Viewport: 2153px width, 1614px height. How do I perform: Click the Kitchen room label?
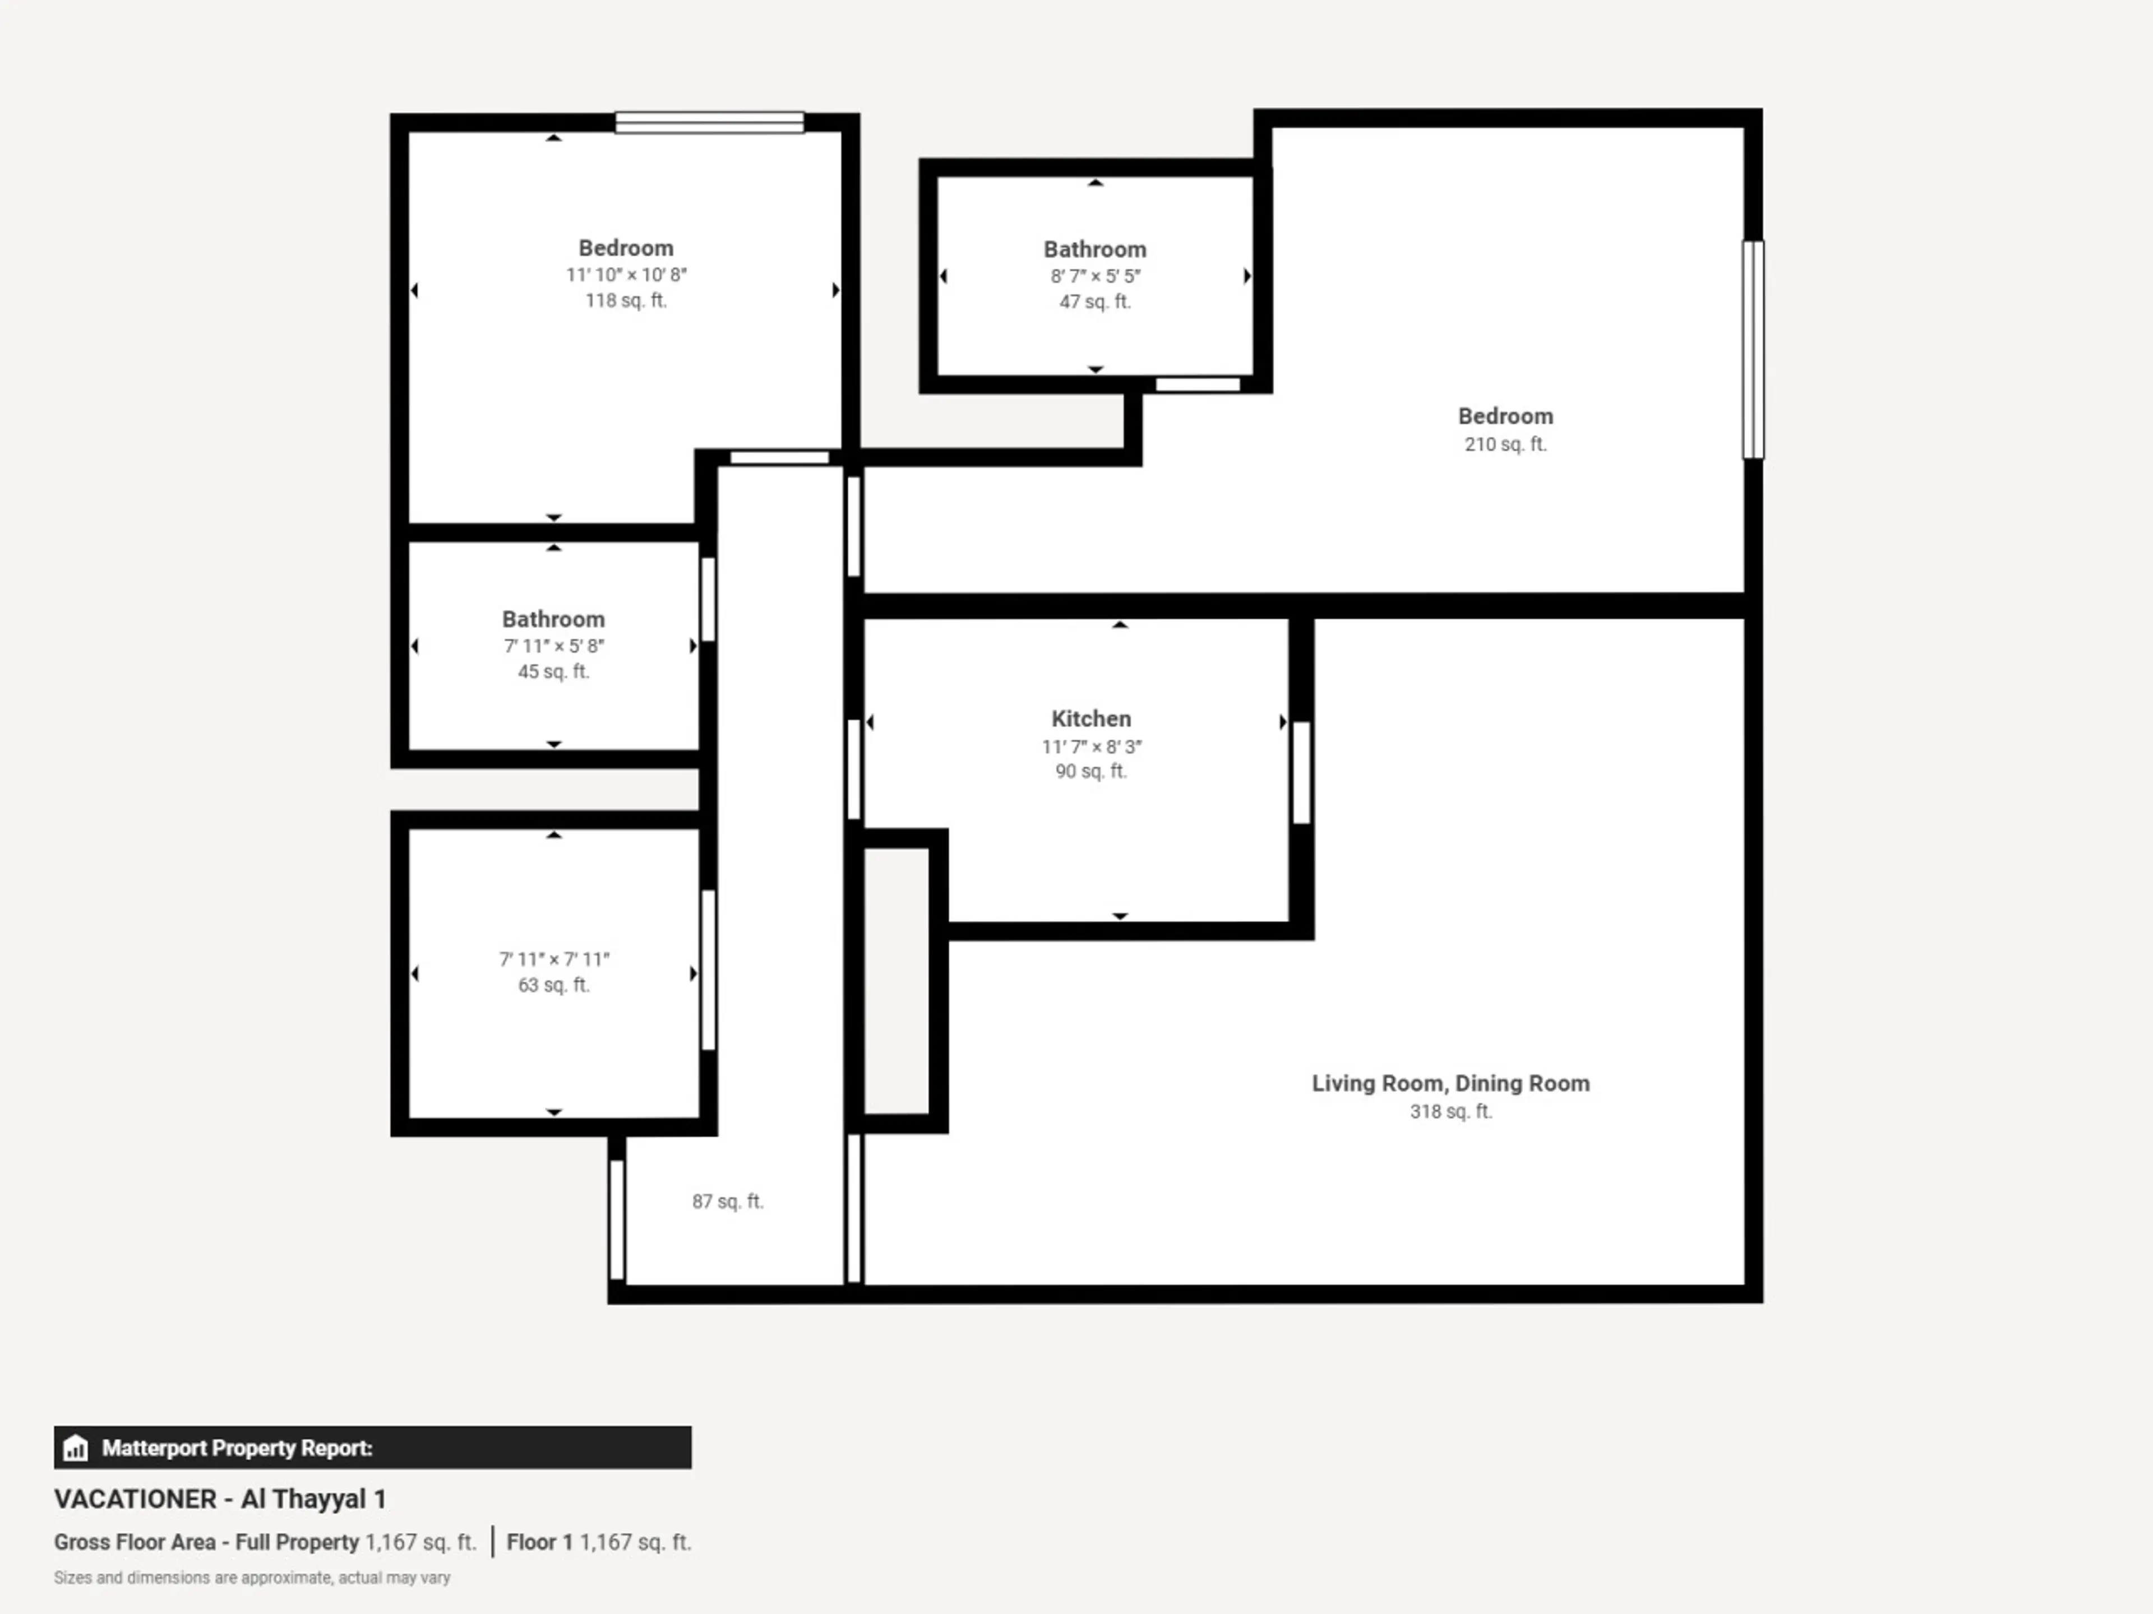click(x=1091, y=719)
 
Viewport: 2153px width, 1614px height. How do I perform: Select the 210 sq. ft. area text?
click(x=1505, y=444)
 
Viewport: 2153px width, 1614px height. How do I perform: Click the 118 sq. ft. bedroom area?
click(x=626, y=300)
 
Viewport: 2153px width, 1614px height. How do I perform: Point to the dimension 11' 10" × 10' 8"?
click(x=626, y=275)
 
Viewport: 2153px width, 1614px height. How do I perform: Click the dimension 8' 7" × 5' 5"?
click(x=1095, y=276)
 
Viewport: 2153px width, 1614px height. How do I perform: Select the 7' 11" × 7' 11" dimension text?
click(x=554, y=959)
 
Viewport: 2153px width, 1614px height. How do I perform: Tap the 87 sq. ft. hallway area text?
click(x=727, y=1202)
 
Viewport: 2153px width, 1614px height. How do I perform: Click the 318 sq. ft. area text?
click(x=1450, y=1111)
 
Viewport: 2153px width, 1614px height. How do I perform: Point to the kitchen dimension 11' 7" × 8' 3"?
click(x=1091, y=747)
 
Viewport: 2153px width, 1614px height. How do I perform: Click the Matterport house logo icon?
click(x=75, y=1448)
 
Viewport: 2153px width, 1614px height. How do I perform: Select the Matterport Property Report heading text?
click(x=238, y=1448)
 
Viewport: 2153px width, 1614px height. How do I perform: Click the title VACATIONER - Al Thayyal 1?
click(x=220, y=1499)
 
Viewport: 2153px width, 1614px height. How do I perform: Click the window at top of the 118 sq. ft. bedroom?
click(x=710, y=123)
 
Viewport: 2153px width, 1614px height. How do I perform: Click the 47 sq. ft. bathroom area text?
click(x=1095, y=302)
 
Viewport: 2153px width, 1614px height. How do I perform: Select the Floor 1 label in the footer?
click(x=539, y=1542)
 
